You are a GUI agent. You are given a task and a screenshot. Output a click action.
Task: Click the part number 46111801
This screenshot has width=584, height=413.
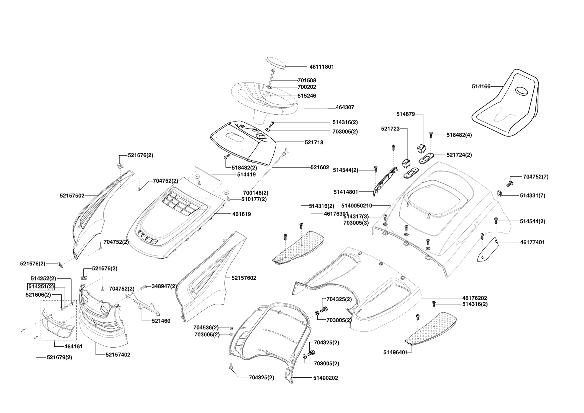click(x=321, y=67)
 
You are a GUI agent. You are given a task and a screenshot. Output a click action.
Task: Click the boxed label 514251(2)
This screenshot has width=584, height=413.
click(x=41, y=286)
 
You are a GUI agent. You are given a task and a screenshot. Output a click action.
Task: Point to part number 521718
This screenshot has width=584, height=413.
click(x=314, y=142)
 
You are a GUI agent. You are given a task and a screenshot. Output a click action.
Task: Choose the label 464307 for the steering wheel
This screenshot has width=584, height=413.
click(x=345, y=107)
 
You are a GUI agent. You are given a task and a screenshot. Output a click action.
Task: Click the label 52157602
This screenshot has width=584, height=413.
click(x=242, y=278)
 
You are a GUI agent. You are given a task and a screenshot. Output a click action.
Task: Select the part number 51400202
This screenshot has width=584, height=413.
click(x=325, y=378)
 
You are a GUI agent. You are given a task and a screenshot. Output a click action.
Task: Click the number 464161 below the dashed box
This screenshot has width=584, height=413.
click(x=73, y=346)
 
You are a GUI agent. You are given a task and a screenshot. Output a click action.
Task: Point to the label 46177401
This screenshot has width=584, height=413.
click(x=532, y=242)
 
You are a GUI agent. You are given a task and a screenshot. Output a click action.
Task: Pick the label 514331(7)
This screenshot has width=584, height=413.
click(x=532, y=196)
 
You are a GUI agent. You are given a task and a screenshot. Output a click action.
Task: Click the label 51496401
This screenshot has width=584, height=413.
click(x=396, y=352)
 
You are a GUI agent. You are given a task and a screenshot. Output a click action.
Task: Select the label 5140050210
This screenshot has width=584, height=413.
click(x=357, y=206)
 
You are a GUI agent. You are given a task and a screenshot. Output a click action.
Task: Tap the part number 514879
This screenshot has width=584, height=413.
click(x=406, y=114)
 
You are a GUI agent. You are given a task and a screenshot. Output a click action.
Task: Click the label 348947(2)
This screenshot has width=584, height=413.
click(x=164, y=286)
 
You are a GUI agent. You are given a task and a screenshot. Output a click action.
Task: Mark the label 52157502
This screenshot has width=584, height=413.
click(x=72, y=196)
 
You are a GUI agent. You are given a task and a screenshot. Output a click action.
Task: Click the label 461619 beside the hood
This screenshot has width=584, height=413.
click(x=242, y=214)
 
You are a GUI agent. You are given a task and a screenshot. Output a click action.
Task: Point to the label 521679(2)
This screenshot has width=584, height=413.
click(x=59, y=357)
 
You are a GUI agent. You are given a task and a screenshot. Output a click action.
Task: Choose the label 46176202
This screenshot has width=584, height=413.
click(x=474, y=298)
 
